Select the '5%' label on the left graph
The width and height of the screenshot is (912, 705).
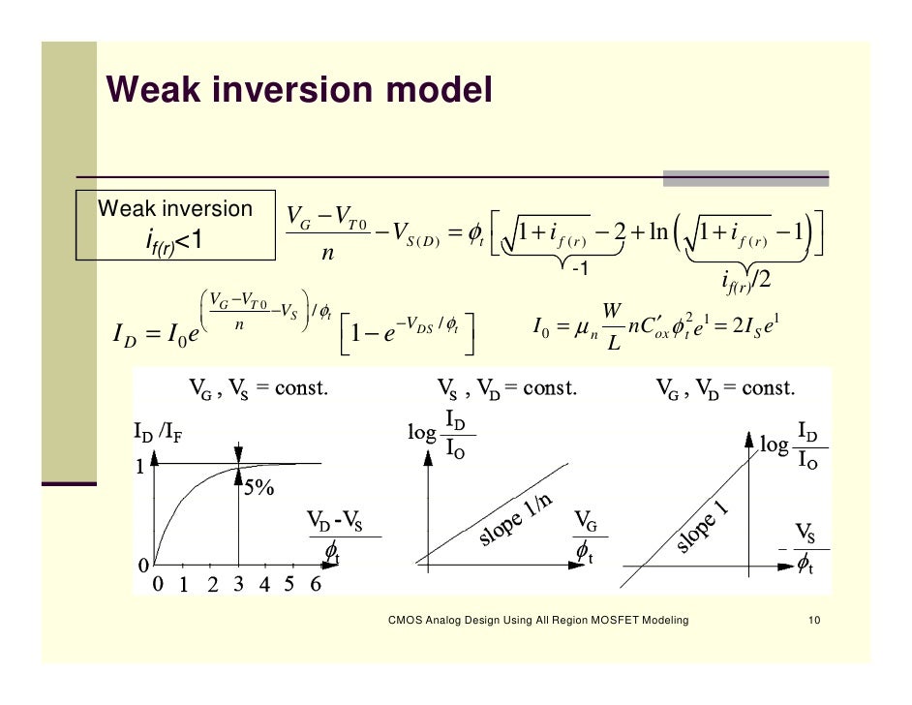pos(258,488)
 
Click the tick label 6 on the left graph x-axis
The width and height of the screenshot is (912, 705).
pos(314,584)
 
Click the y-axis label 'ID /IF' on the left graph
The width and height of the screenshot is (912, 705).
pos(158,434)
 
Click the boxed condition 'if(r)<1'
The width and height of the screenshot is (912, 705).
pos(173,240)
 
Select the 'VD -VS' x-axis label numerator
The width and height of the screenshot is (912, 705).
pos(335,519)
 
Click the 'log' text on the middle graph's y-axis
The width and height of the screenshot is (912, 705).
pos(422,433)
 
